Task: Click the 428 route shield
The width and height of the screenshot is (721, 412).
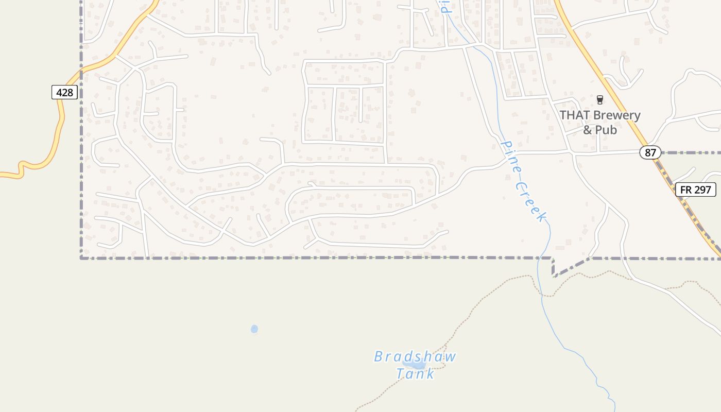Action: [x=64, y=93]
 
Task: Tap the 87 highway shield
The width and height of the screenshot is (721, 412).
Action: [x=650, y=152]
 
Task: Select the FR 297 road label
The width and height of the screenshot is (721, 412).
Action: [x=695, y=190]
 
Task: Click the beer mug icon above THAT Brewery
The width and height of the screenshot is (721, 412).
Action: [x=599, y=99]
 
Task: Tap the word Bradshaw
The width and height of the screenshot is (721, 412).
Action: [x=415, y=356]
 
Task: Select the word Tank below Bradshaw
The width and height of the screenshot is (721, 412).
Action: [x=415, y=373]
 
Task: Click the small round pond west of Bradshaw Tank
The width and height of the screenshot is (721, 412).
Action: [x=254, y=329]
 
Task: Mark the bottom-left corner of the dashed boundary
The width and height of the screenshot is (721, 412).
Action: [x=81, y=257]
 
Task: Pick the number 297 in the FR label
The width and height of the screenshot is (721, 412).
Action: [x=702, y=190]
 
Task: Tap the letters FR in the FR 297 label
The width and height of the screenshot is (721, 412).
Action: [x=686, y=190]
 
